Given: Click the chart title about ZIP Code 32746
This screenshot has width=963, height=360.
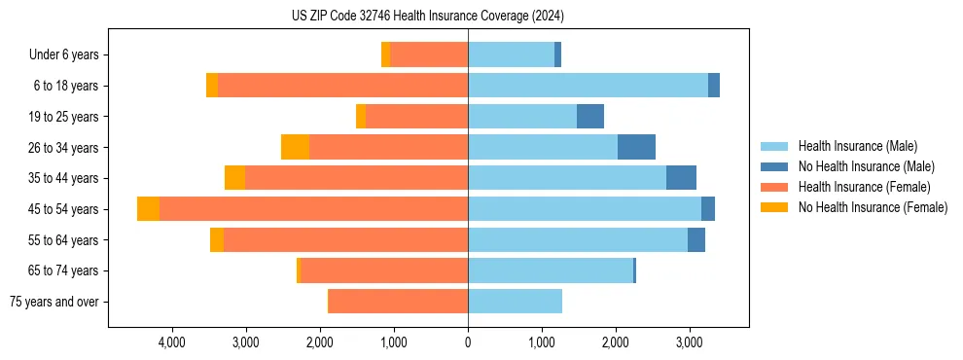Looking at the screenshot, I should (x=428, y=17).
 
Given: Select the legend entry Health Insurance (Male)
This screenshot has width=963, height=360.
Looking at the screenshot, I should (x=857, y=146).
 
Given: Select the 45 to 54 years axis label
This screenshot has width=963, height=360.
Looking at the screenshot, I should (x=64, y=209).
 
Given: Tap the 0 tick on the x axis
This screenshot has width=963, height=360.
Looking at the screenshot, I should (x=468, y=342).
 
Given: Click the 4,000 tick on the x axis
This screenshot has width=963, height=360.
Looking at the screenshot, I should (x=171, y=342).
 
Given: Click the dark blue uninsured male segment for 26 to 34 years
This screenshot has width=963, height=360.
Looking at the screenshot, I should (x=636, y=147).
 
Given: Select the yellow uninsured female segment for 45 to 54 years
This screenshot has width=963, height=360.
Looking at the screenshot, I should (x=148, y=209).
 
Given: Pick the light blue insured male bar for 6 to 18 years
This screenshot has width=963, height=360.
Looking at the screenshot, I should (x=588, y=86).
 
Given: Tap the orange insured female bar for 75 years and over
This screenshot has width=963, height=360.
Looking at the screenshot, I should (x=398, y=302).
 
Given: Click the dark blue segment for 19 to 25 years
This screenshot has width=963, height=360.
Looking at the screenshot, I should (x=590, y=117).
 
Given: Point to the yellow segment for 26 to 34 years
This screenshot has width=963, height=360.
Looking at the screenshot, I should (x=295, y=147).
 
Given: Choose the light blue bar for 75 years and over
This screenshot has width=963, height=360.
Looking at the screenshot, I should (x=515, y=302).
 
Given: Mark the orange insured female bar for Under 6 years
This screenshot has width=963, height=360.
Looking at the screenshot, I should (x=429, y=55).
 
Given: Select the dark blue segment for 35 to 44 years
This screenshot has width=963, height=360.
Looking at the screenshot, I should (x=681, y=178).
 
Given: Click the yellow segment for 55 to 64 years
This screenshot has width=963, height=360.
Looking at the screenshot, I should (x=217, y=239).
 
